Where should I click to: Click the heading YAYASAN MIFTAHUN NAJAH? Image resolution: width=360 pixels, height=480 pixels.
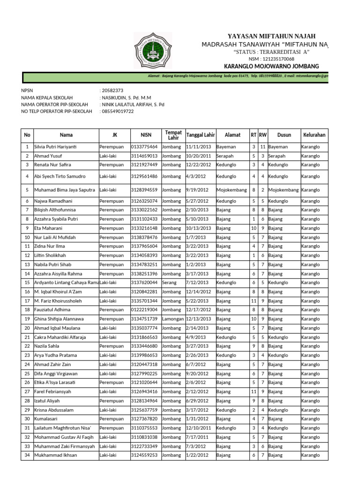point(271,37)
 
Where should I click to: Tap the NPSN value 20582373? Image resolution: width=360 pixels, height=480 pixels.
point(112,90)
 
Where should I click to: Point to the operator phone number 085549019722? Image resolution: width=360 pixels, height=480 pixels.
point(118,112)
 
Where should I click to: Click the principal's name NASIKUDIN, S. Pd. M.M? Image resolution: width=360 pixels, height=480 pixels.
point(127,97)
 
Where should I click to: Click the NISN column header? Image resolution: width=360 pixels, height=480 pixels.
point(146,135)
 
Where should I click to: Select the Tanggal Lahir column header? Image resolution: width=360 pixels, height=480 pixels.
point(200,135)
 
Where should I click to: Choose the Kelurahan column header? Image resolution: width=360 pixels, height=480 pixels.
point(314,135)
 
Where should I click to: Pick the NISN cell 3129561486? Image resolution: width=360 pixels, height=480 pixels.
point(145,177)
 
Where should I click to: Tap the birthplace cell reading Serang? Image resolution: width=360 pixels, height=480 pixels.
point(169,283)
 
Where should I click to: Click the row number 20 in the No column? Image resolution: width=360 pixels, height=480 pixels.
point(27,328)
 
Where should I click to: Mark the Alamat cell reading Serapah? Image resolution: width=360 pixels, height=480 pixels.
point(225,156)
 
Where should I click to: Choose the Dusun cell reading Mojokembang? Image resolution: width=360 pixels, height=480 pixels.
point(283,190)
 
